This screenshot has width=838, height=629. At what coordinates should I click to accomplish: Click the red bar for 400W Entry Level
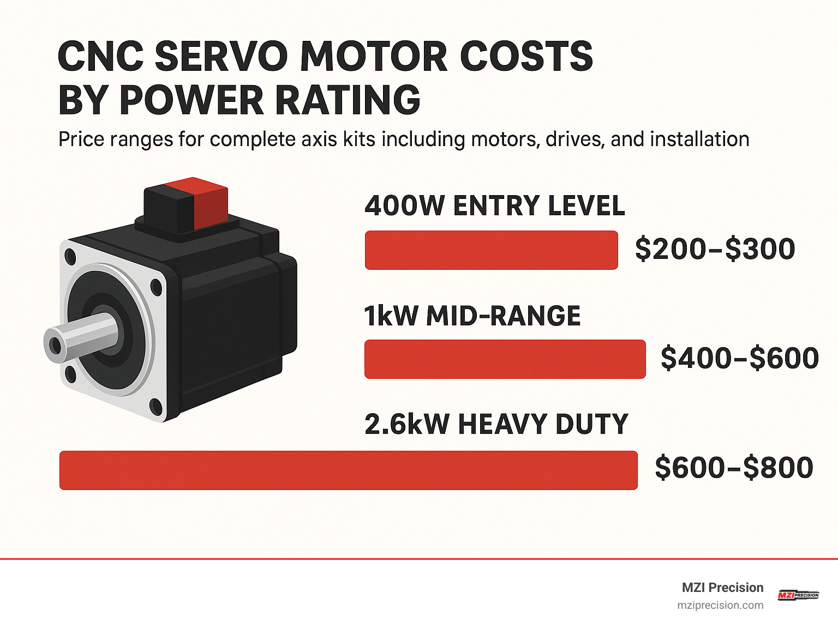491,250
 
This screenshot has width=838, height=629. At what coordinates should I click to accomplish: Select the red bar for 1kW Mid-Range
505,359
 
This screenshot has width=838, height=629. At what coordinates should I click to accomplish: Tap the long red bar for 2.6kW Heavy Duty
348,470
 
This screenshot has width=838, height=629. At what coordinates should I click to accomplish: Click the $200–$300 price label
715,249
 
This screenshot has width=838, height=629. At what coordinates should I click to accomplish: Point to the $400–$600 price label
739,358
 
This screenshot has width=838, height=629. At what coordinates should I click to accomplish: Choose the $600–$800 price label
734,468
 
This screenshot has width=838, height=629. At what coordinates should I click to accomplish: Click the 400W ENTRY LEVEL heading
494,206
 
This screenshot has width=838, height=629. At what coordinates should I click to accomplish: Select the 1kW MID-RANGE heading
472,316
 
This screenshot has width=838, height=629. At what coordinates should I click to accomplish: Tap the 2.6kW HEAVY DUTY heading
496,425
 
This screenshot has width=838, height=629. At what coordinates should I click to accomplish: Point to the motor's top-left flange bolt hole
70,256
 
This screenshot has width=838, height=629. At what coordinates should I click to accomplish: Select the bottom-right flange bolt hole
156,407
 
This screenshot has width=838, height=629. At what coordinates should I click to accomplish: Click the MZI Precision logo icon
798,595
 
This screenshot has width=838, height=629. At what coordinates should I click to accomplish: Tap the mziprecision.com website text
720,606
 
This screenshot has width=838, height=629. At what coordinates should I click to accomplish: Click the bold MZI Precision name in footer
722,588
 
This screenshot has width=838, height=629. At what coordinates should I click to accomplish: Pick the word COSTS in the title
526,56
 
